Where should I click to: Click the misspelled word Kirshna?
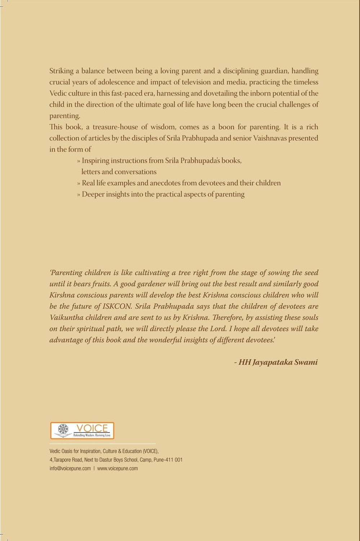pyautogui.click(x=62, y=295)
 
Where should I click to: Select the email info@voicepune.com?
pyautogui.click(x=70, y=469)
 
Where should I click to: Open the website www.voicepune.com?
pyautogui.click(x=117, y=469)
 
